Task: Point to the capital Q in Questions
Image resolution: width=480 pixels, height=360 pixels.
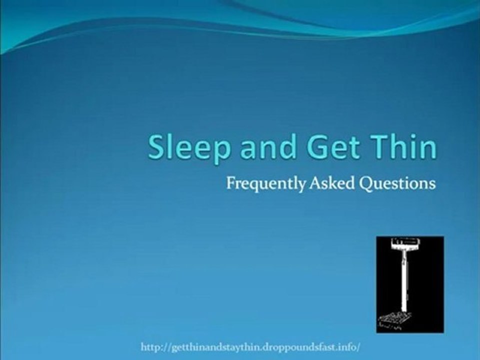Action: pyautogui.click(x=366, y=183)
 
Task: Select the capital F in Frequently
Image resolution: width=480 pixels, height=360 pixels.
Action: pyautogui.click(x=230, y=183)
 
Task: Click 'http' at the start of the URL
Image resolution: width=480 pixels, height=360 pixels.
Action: pyautogui.click(x=150, y=346)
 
